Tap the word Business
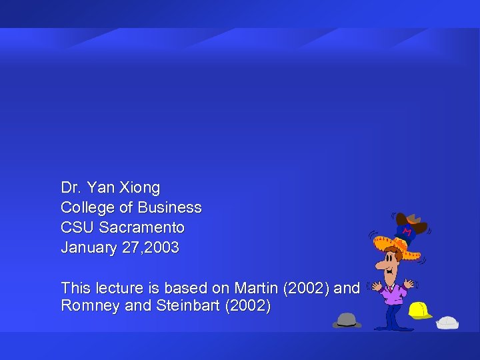(x=170, y=208)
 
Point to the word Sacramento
(x=142, y=228)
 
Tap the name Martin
(x=257, y=288)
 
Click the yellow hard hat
(x=419, y=310)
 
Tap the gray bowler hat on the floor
(x=347, y=320)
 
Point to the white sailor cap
(x=447, y=323)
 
